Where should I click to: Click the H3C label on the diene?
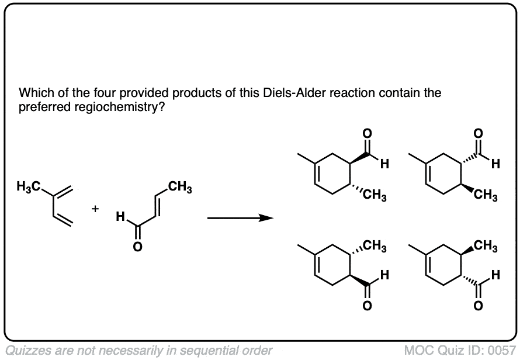click(x=29, y=187)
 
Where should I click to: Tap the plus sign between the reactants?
click(x=95, y=209)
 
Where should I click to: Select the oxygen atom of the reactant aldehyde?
click(x=138, y=247)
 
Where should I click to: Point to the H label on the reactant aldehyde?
click(x=120, y=217)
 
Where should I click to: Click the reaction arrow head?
click(x=266, y=218)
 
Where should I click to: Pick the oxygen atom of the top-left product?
click(x=367, y=133)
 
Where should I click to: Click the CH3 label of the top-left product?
click(x=375, y=195)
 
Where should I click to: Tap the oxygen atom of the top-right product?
click(x=478, y=133)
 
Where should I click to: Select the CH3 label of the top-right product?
click(x=486, y=195)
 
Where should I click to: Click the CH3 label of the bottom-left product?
click(x=375, y=246)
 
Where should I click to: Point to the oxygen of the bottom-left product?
click(x=367, y=306)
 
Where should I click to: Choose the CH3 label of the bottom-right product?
click(x=486, y=246)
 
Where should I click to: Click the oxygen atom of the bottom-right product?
click(x=478, y=306)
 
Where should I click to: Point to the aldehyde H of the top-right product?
click(x=495, y=164)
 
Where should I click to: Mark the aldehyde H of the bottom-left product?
click(x=384, y=275)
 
